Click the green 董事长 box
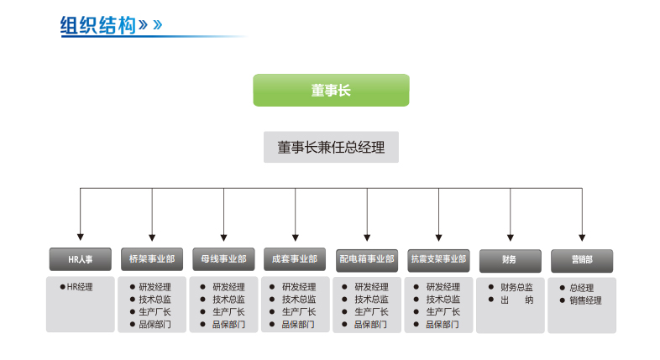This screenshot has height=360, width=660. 331,91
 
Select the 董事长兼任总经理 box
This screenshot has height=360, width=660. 331,148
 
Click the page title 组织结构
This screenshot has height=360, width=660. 98,24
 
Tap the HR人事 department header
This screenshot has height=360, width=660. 80,260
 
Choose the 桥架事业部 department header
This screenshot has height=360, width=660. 152,259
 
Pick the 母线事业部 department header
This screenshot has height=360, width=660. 223,259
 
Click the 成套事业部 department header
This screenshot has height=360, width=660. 295,259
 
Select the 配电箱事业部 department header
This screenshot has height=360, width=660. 366,259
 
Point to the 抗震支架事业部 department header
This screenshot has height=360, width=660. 437,259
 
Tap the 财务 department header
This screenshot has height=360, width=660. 510,260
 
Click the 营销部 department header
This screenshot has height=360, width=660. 582,260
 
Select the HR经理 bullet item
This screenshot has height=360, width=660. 80,286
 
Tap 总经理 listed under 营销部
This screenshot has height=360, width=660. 581,288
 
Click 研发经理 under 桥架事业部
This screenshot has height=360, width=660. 155,287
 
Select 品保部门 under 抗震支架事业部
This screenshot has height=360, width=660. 443,324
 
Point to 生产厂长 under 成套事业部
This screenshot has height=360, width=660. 298,311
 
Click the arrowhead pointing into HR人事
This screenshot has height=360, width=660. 80,237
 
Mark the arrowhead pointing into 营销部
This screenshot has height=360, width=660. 581,237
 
